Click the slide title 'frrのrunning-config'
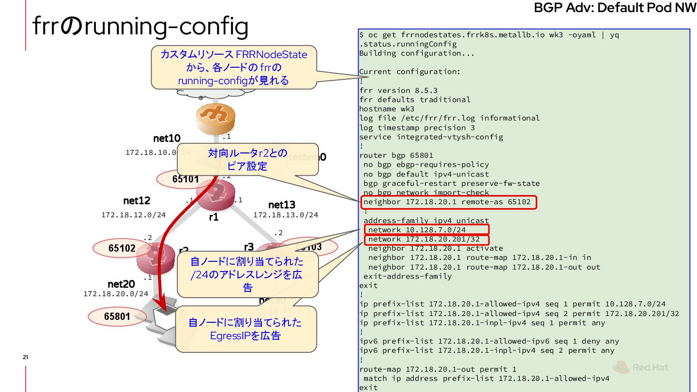point(140,27)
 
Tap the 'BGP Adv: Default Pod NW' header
point(615,8)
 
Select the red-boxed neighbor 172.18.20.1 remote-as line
point(448,202)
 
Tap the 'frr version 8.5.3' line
point(398,90)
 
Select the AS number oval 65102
point(122,248)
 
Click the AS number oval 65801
point(117,317)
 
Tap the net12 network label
point(136,200)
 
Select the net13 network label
point(282,205)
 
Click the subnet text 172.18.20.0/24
point(116,294)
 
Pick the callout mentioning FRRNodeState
point(234,67)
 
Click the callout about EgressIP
point(245,329)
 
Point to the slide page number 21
point(26,357)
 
